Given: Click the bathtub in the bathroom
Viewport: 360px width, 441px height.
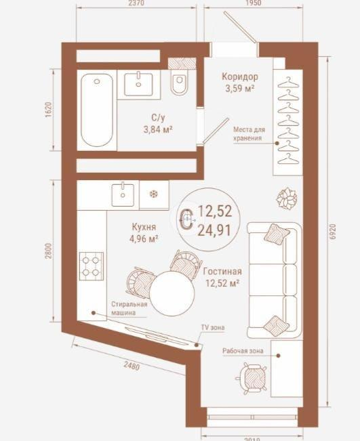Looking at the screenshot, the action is point(97,110).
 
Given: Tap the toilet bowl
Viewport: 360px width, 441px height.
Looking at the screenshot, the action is point(179,82).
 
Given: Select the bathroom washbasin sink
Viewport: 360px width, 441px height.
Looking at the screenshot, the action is point(138,84).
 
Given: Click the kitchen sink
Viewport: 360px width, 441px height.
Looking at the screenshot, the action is point(123,194).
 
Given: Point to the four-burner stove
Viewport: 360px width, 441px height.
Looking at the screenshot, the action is point(92,266).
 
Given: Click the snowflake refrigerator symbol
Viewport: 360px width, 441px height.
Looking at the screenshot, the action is point(154,194).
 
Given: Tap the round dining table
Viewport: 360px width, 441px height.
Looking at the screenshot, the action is point(172,293).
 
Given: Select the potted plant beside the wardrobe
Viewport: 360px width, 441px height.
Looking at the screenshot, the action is point(287,199).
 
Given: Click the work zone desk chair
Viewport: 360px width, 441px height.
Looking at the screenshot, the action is point(252,378).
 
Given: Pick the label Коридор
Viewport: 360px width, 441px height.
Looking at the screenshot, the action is point(240,77).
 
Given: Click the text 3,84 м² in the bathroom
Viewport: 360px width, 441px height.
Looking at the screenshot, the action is point(158,129).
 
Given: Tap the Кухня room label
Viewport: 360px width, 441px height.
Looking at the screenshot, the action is point(144,227).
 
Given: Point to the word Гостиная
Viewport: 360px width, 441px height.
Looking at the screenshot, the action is point(222,272).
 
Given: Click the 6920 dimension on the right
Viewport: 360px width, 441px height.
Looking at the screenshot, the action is point(333,232).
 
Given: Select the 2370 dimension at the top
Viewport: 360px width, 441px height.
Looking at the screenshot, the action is point(136,3).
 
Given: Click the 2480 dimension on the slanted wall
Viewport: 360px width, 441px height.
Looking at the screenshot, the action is point(132,366).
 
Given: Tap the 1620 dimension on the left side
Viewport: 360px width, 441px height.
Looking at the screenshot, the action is point(48,110).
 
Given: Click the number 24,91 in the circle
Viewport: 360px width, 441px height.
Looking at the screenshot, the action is point(214,230).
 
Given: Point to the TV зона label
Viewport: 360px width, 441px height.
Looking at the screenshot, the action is point(213,327).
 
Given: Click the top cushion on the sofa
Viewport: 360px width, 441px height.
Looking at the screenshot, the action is point(277,234).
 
